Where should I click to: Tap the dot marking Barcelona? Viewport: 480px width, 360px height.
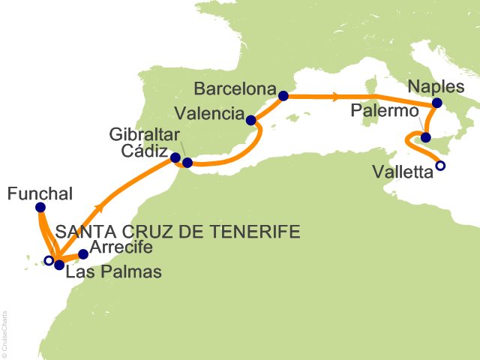283,96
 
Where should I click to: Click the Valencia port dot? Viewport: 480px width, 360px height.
251,119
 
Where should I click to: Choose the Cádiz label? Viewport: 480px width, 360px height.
146,151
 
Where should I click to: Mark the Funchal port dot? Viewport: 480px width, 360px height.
40,207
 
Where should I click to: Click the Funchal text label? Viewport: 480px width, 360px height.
40,193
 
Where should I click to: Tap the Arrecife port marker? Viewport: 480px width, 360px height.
83,254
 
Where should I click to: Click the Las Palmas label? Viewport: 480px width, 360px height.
113,272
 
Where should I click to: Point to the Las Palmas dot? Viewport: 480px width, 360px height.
59,265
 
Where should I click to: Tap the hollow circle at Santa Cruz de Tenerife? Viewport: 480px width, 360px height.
49,261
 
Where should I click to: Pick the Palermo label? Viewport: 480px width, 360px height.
383,111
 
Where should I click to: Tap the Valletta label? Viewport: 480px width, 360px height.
403,173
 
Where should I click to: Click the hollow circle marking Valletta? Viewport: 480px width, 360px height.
440,166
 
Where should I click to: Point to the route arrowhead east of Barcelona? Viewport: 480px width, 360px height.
335,96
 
